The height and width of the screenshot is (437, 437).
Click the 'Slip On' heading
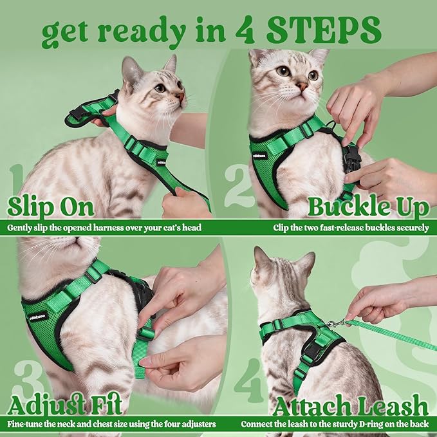pos(50,207)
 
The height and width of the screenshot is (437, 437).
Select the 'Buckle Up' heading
pos(368,207)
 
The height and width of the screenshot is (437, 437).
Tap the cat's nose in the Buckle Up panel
pos(302,85)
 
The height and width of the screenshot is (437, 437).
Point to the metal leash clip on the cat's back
pos(332,324)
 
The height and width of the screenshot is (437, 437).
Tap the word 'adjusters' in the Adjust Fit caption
pos(197,424)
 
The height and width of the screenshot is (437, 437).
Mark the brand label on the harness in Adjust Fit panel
pos(38,315)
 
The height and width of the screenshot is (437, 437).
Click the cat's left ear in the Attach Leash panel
pos(261,257)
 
